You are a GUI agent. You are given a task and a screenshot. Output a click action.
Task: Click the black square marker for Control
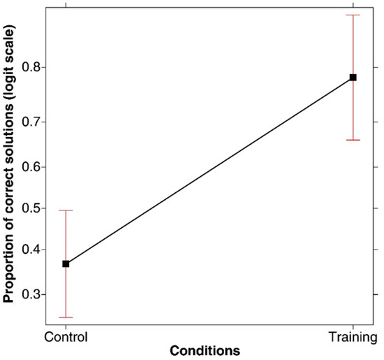coord(66,264)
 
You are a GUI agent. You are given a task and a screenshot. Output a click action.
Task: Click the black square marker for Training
coord(353,77)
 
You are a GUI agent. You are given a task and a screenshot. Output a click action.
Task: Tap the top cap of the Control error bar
coord(66,210)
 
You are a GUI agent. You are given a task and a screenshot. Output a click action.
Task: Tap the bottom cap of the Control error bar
coord(66,317)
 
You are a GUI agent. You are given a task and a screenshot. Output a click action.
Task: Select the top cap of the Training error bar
coord(353,15)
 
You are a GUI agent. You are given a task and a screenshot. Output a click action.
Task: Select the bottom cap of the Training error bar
coord(353,140)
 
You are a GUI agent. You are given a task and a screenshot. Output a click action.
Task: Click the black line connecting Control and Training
coord(209,170)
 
